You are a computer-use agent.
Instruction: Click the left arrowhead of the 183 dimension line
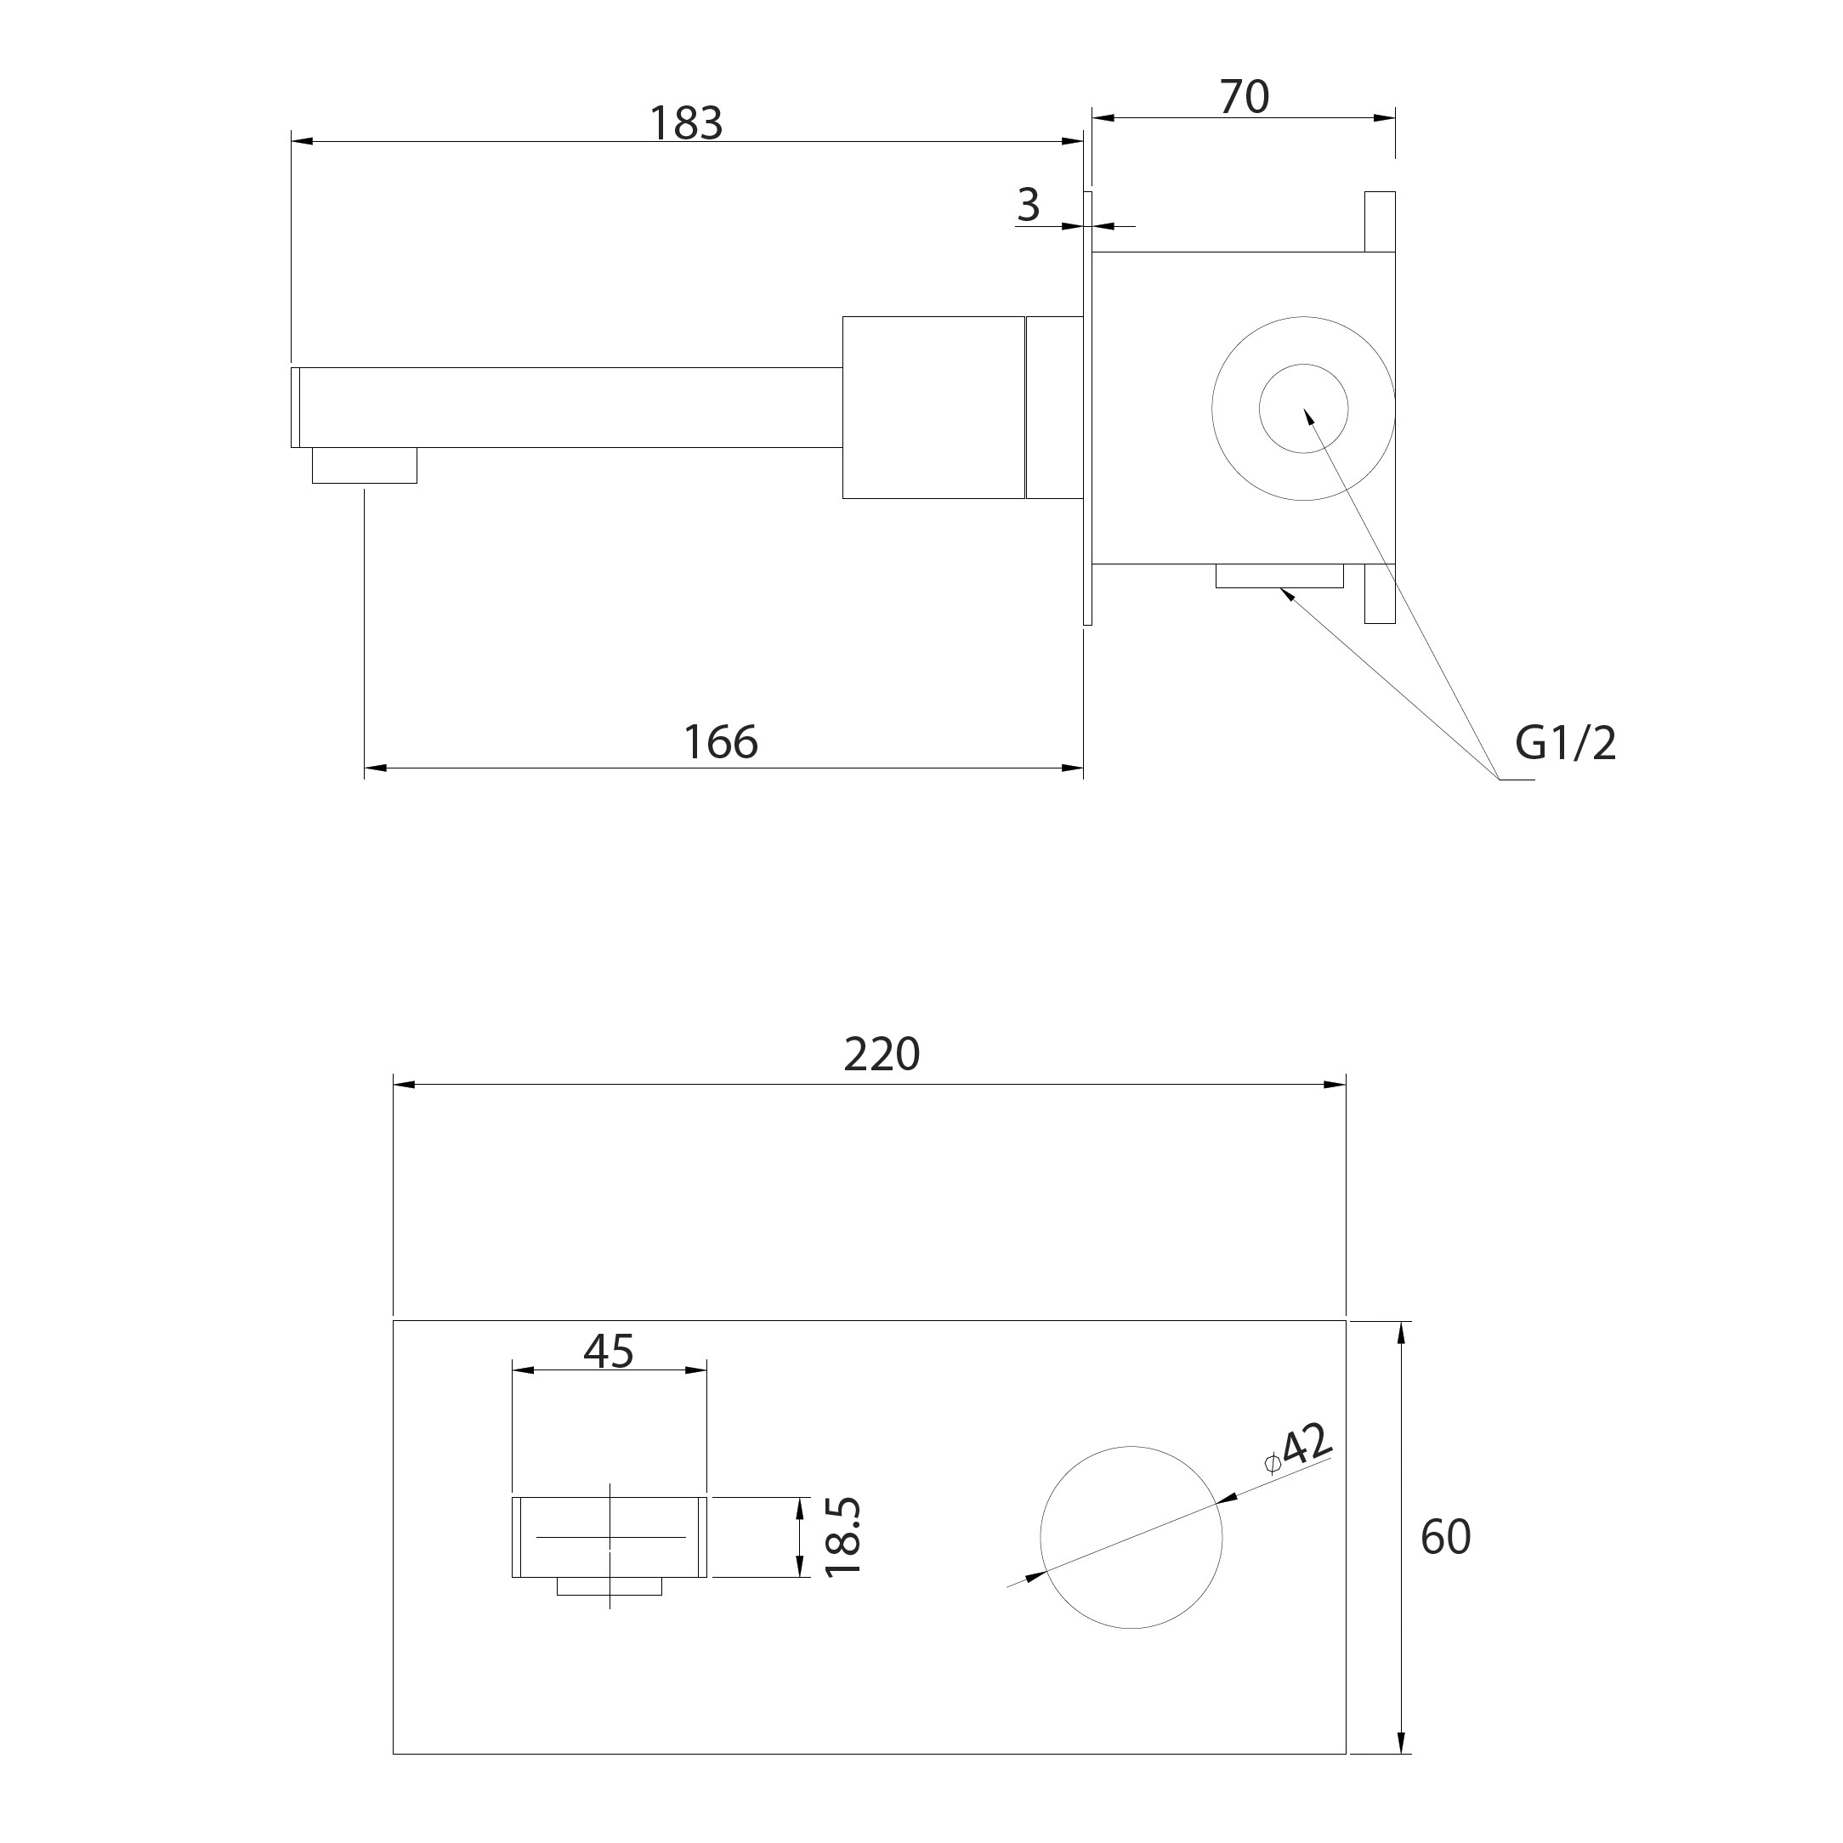coord(302,142)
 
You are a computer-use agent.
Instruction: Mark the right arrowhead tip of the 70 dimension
coord(1395,118)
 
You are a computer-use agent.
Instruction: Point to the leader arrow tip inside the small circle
coord(1304,409)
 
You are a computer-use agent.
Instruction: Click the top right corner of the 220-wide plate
coord(1345,1321)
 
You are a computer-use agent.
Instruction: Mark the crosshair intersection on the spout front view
coord(610,1537)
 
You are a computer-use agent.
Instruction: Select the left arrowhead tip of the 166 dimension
coord(366,768)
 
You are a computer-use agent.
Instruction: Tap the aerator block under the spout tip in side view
coord(365,466)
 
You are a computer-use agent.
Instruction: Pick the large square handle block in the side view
coord(934,407)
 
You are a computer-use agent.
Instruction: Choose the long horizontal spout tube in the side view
coord(570,407)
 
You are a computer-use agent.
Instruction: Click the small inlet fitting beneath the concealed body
coord(1279,576)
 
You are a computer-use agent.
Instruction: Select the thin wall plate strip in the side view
coord(1087,408)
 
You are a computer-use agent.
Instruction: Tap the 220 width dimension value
coord(882,1054)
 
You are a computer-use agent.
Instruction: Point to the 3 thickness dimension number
coord(1029,204)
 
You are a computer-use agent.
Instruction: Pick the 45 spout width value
coord(609,1350)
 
